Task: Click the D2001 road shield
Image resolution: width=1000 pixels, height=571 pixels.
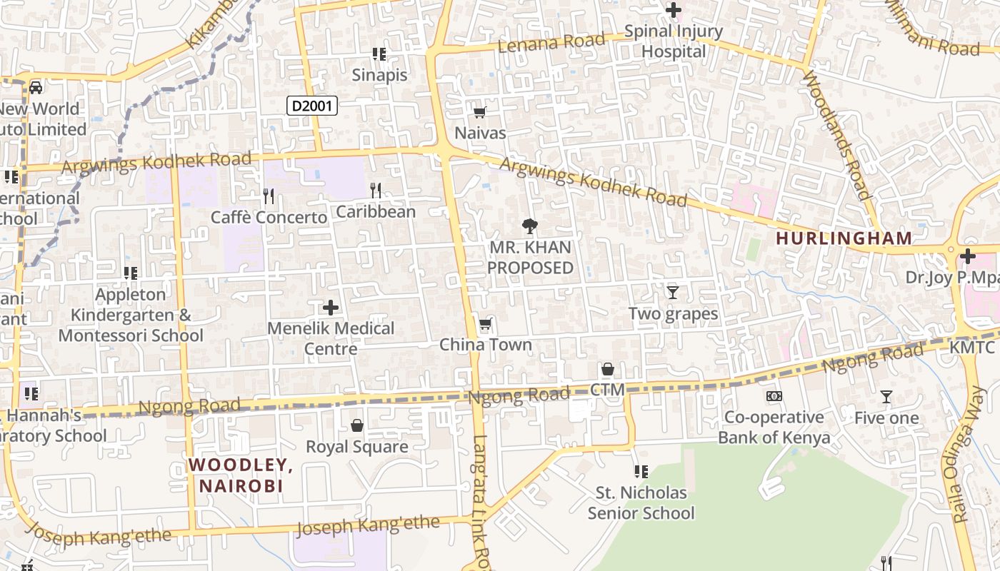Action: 312,106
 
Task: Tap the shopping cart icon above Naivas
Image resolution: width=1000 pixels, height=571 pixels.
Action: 480,112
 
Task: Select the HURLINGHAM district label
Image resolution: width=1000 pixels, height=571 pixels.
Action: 844,238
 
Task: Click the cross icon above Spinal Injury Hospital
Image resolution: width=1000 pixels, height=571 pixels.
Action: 673,11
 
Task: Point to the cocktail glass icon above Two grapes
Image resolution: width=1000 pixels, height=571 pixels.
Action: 672,292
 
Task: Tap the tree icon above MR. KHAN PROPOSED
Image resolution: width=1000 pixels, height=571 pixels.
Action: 530,226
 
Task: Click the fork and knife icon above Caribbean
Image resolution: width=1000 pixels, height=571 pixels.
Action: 376,191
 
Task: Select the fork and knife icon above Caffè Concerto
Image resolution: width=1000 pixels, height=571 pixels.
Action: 269,196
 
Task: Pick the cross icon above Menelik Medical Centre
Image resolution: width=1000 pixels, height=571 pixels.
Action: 331,308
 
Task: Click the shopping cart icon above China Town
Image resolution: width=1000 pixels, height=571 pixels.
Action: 486,324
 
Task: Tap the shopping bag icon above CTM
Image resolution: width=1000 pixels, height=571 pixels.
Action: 607,369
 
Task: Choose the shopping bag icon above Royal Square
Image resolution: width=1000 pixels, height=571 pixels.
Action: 357,425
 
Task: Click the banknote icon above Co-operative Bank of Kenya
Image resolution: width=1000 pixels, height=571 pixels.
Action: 774,396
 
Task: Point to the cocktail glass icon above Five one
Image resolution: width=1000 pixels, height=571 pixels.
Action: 886,397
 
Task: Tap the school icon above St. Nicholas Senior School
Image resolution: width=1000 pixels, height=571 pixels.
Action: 641,472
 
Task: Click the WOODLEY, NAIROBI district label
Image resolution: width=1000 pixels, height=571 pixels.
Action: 241,475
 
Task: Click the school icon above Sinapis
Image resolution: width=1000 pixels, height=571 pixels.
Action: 379,54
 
